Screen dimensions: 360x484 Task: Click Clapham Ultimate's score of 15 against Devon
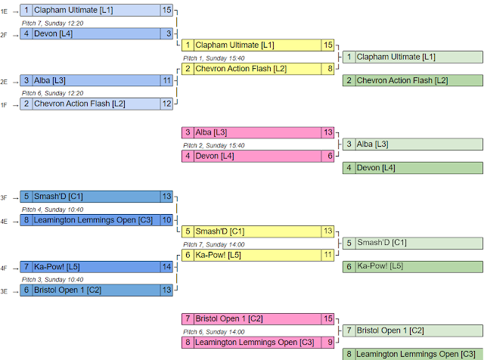click(x=167, y=10)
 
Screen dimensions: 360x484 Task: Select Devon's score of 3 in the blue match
click(x=167, y=33)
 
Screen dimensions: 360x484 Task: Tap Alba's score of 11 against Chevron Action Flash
click(x=167, y=79)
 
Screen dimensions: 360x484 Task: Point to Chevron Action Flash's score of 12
click(x=167, y=103)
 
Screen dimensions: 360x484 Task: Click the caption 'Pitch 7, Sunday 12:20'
click(x=52, y=23)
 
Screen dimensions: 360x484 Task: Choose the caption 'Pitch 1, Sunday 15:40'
click(x=213, y=57)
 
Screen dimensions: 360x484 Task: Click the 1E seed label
click(x=5, y=11)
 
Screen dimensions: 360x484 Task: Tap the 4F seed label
click(x=5, y=268)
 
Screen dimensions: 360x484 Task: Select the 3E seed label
click(x=5, y=290)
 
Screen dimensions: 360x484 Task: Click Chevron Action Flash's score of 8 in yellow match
click(x=328, y=68)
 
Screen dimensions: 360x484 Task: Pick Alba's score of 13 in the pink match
click(x=328, y=132)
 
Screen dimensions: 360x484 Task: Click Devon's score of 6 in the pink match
click(x=328, y=156)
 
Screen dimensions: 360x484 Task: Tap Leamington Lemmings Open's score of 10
click(x=167, y=219)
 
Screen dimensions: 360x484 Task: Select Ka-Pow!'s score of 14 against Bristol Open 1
click(x=167, y=266)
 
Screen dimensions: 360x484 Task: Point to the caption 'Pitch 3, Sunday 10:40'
click(x=52, y=278)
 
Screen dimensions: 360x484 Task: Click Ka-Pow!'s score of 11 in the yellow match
click(x=328, y=255)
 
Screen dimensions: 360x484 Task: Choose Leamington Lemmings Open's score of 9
click(x=328, y=342)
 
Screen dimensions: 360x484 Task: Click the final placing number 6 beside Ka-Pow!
click(x=349, y=266)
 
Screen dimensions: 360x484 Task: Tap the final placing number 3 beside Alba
click(x=349, y=144)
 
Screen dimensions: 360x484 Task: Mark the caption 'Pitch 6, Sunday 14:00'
click(x=213, y=331)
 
